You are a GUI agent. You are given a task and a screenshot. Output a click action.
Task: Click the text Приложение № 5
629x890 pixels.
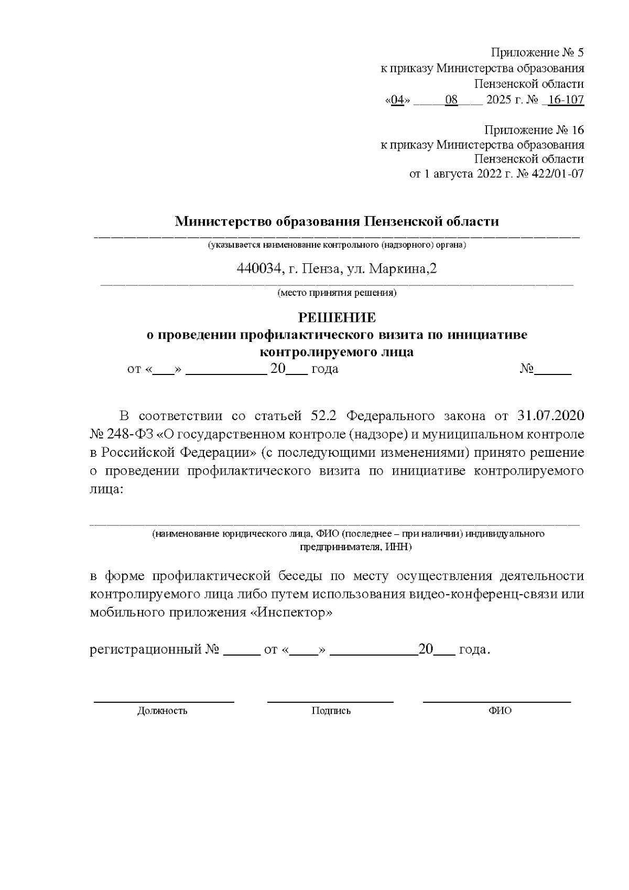point(537,52)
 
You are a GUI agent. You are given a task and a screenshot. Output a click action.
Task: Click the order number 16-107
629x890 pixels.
point(566,100)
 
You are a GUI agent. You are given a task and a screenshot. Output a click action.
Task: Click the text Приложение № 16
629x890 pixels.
point(534,130)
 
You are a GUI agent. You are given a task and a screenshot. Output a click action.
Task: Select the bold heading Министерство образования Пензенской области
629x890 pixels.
point(337,221)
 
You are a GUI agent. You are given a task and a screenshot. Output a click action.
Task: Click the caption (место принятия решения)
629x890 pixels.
point(337,293)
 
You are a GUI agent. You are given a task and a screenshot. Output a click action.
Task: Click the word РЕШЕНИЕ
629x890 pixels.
point(337,318)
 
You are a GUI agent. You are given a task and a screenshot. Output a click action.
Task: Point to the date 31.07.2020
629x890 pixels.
point(550,416)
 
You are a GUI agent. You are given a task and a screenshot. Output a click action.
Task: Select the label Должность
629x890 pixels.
point(162,711)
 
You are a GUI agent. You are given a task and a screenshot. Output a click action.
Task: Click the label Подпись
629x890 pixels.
point(331,711)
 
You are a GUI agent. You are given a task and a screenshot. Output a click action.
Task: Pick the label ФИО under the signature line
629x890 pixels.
point(500,711)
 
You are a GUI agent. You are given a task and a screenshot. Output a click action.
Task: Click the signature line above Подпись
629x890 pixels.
point(330,701)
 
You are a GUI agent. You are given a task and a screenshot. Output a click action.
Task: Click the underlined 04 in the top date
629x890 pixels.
point(397,100)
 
